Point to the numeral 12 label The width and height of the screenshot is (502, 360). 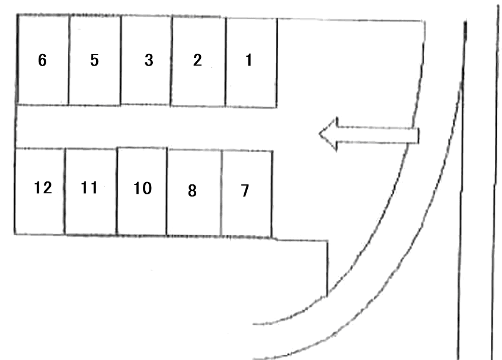click(43, 188)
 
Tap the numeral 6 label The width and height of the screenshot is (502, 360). click(42, 60)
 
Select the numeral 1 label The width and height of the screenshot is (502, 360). click(249, 60)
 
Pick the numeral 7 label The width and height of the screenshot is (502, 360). click(245, 190)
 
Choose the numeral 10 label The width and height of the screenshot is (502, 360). click(142, 188)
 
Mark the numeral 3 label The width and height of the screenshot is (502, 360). click(149, 60)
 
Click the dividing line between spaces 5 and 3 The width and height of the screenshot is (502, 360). click(121, 60)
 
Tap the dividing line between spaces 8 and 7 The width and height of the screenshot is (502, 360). click(221, 193)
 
